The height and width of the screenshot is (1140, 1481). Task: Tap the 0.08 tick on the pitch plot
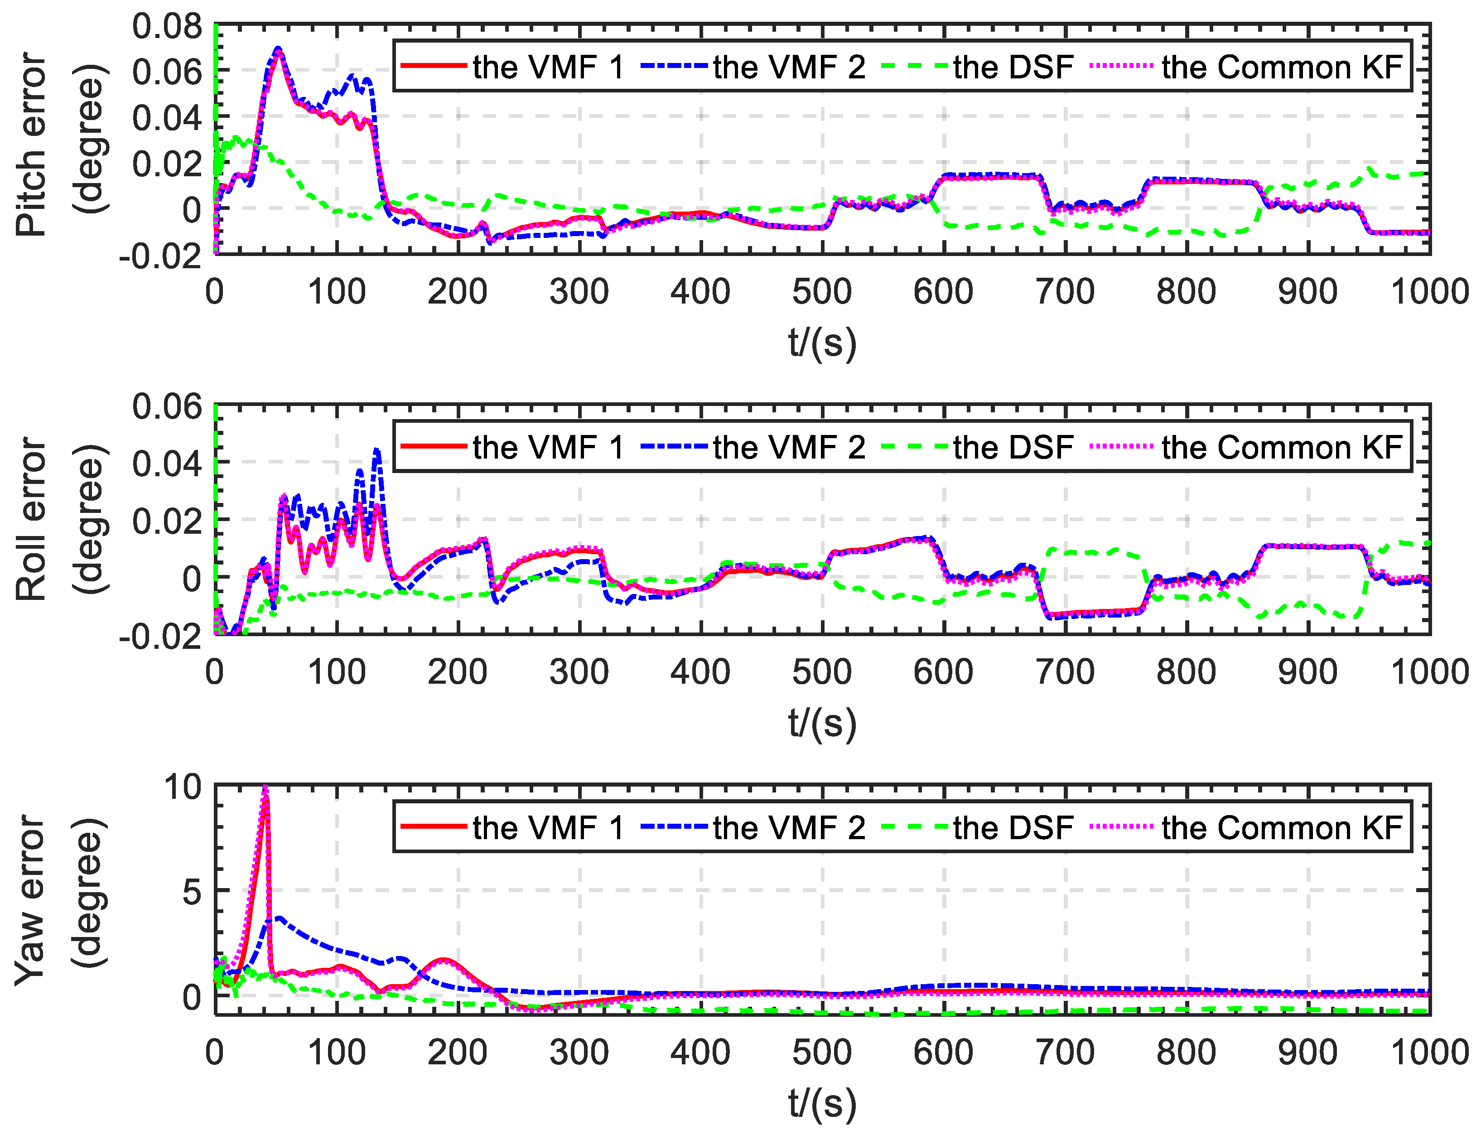click(x=167, y=27)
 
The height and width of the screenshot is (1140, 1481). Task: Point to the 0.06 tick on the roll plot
click(x=167, y=407)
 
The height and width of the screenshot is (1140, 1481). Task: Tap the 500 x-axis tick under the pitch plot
click(x=822, y=292)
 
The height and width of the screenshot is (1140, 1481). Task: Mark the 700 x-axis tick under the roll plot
click(x=1065, y=672)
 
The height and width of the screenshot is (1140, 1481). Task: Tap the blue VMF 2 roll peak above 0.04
click(x=377, y=449)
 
